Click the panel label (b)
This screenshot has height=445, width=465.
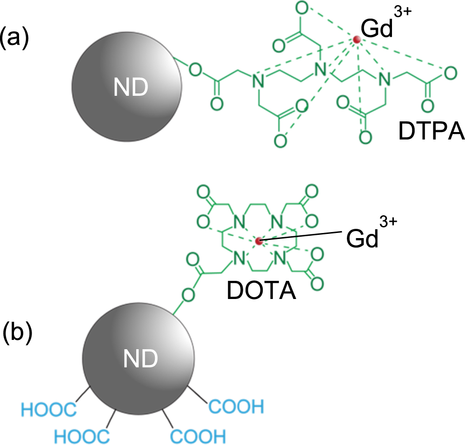coord(17,333)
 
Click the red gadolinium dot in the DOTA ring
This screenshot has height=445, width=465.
coord(259,241)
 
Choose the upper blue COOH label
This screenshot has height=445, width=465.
coord(236,407)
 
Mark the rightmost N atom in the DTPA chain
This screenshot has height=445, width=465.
coord(384,80)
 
